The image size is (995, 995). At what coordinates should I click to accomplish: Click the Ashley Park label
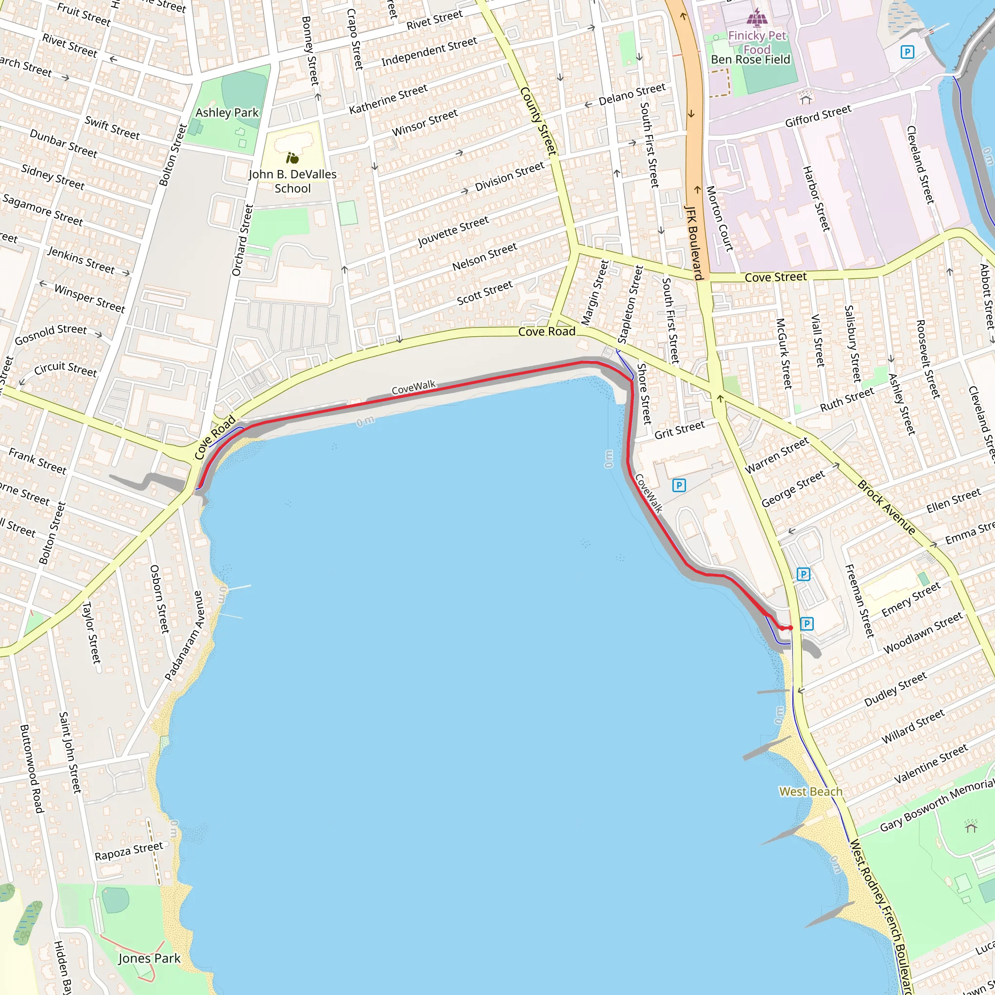pyautogui.click(x=227, y=112)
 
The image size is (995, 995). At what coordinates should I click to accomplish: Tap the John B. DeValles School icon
pyautogui.click(x=292, y=157)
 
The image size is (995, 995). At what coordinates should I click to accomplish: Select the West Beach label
pyautogui.click(x=811, y=791)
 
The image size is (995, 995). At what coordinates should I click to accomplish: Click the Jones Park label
pyautogui.click(x=149, y=959)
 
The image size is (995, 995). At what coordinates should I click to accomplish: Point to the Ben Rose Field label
pyautogui.click(x=750, y=60)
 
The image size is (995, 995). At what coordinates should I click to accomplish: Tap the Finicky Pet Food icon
pyautogui.click(x=756, y=17)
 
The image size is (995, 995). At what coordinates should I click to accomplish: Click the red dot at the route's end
pyautogui.click(x=790, y=628)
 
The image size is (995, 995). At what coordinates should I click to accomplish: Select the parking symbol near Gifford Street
pyautogui.click(x=907, y=51)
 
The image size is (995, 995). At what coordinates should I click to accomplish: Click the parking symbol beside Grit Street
pyautogui.click(x=679, y=485)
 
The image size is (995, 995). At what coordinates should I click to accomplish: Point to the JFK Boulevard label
pyautogui.click(x=694, y=242)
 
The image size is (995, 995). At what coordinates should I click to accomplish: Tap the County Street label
pyautogui.click(x=538, y=121)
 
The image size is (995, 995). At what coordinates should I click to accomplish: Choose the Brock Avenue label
pyautogui.click(x=886, y=508)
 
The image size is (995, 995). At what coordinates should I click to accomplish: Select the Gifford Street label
pyautogui.click(x=818, y=117)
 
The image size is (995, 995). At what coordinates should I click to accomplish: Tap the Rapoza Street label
pyautogui.click(x=129, y=851)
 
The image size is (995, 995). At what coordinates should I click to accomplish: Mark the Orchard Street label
pyautogui.click(x=242, y=240)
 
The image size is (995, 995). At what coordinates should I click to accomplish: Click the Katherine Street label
pyautogui.click(x=388, y=99)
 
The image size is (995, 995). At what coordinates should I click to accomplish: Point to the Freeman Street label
pyautogui.click(x=859, y=600)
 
